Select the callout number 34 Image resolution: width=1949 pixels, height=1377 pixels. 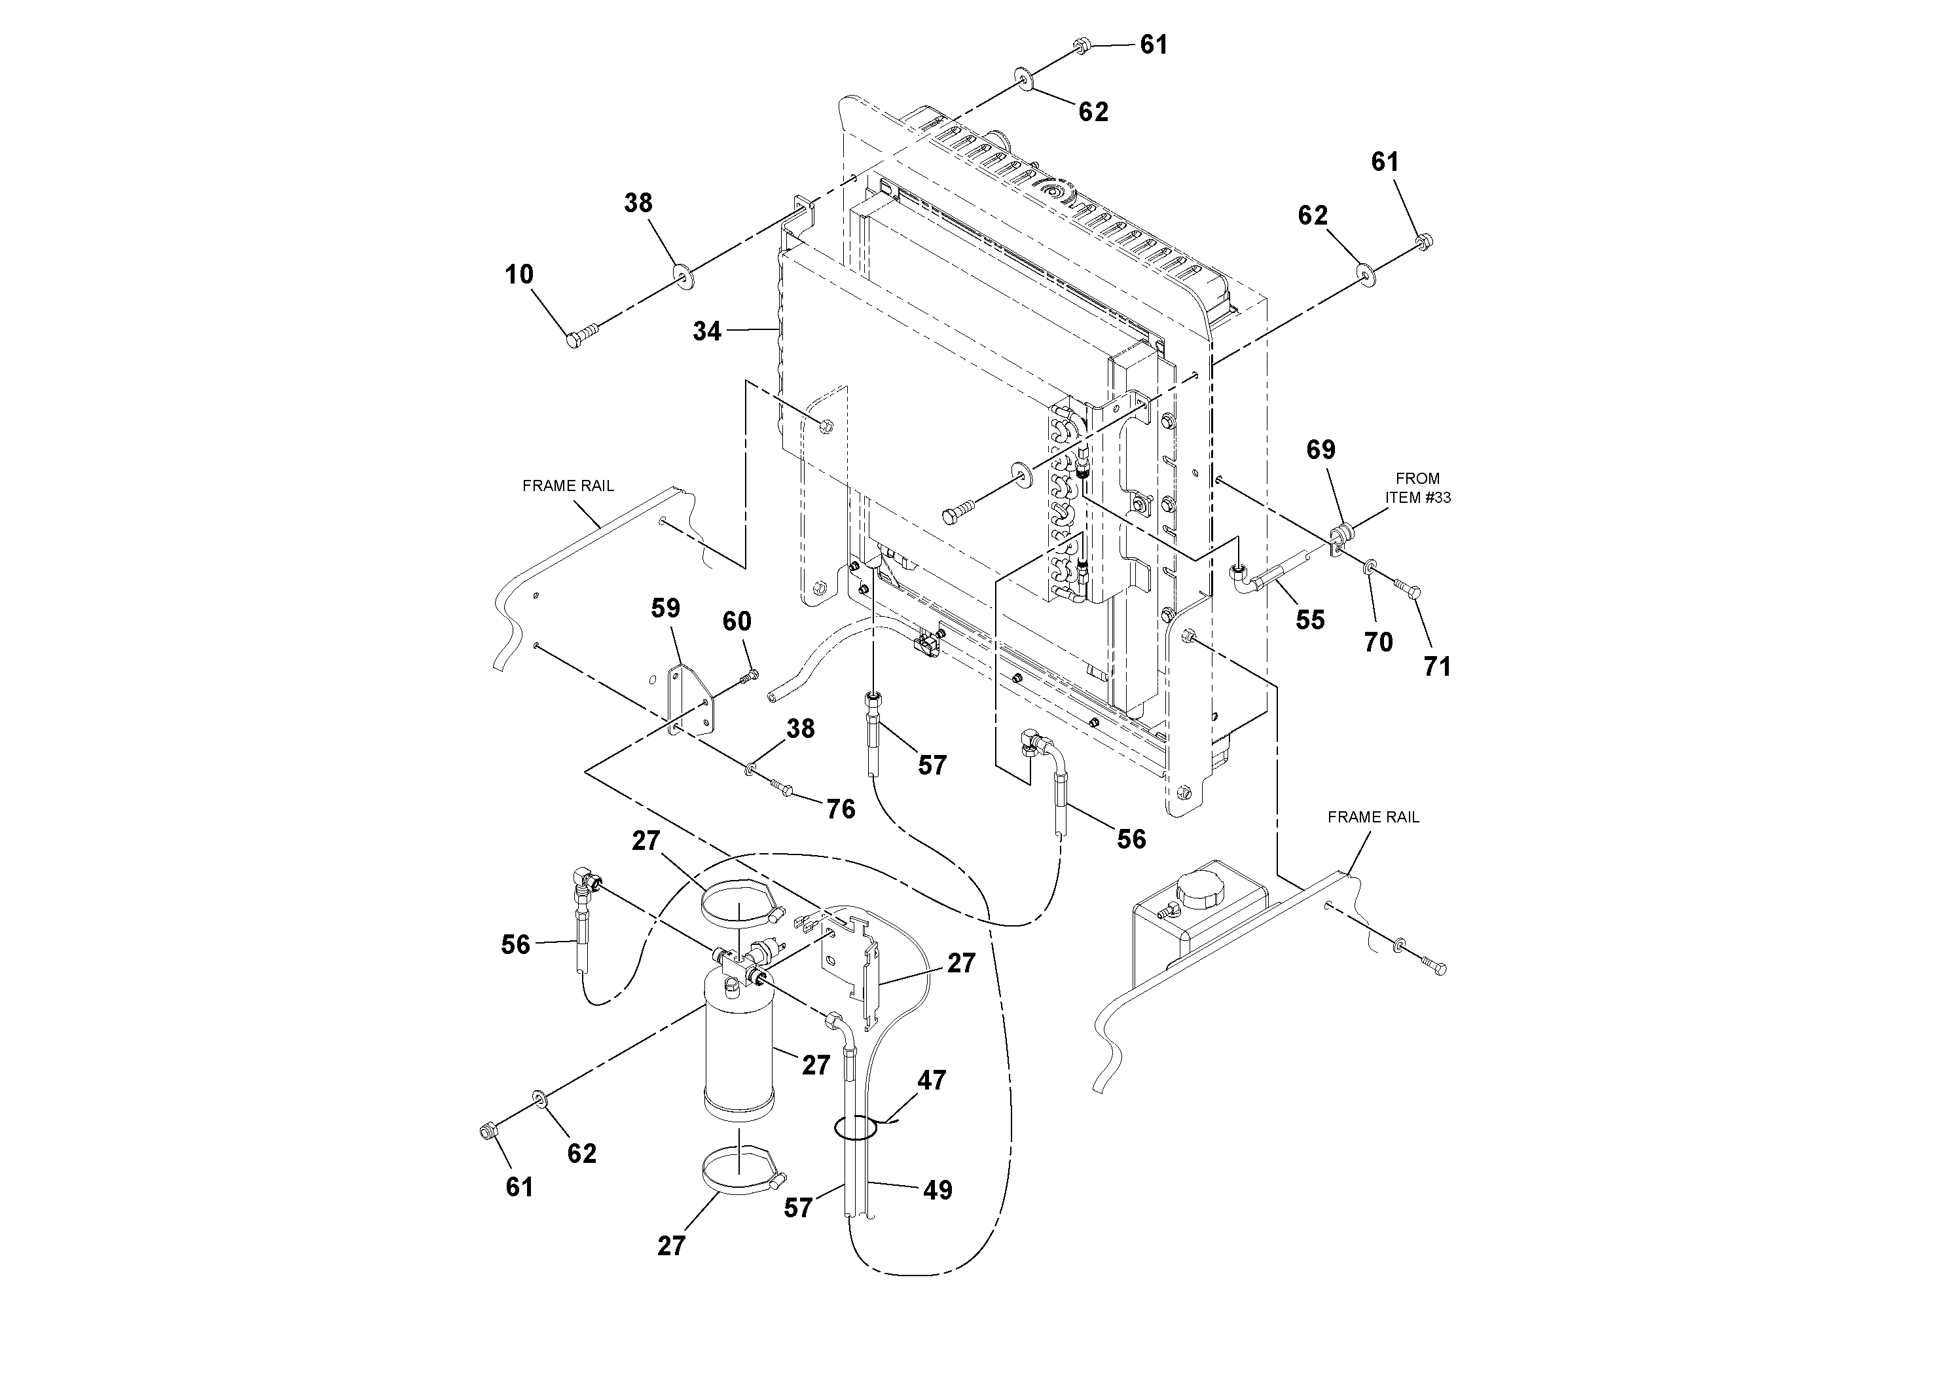(706, 332)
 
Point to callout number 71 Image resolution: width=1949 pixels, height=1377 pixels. (1436, 667)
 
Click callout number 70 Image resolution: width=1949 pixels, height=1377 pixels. (1377, 642)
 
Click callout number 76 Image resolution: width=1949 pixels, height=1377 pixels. (841, 809)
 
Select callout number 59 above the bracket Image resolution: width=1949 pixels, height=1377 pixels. (666, 609)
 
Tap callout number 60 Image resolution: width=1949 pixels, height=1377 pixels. (736, 622)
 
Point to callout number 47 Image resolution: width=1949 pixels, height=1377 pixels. (931, 1081)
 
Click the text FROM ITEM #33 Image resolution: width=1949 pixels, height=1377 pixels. (1417, 488)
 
